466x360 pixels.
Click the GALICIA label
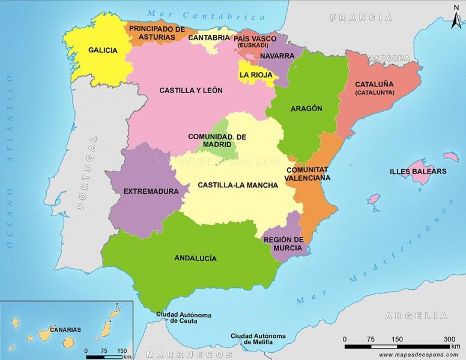102,50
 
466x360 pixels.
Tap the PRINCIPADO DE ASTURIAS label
156,33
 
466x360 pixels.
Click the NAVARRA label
276,56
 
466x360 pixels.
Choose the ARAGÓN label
306,109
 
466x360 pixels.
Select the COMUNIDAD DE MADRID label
217,140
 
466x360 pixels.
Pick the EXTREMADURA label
151,191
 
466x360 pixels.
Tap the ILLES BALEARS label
418,171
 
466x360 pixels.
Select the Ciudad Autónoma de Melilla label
258,338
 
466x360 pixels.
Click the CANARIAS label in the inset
65,329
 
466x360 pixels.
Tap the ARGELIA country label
416,316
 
